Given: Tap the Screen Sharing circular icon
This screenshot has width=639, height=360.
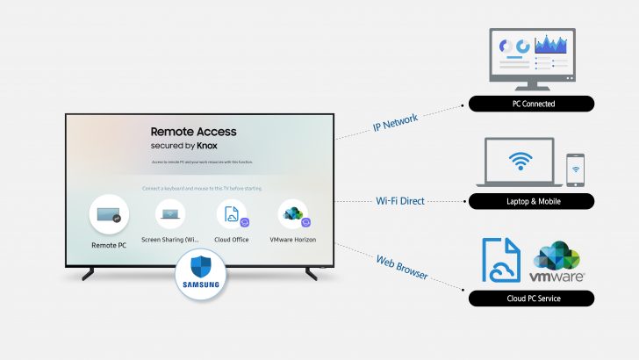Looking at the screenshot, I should (x=169, y=214).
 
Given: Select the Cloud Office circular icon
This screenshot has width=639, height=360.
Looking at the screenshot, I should (x=231, y=214).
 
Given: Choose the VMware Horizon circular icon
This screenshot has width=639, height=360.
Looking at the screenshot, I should (x=292, y=214).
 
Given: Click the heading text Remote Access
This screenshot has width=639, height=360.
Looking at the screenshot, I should (x=193, y=132).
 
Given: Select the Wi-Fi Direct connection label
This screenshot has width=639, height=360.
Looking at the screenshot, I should (x=399, y=201).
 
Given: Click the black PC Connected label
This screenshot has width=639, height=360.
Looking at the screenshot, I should (x=531, y=104).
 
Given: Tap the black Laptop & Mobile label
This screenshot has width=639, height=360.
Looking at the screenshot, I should (x=531, y=202).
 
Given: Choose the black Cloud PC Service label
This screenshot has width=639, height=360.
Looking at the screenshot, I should (x=531, y=299).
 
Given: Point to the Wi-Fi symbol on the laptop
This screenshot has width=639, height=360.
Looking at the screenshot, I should (x=521, y=161).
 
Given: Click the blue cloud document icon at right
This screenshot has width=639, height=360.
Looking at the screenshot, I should (x=501, y=261).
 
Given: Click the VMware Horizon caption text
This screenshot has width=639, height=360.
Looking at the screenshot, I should (x=293, y=240).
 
